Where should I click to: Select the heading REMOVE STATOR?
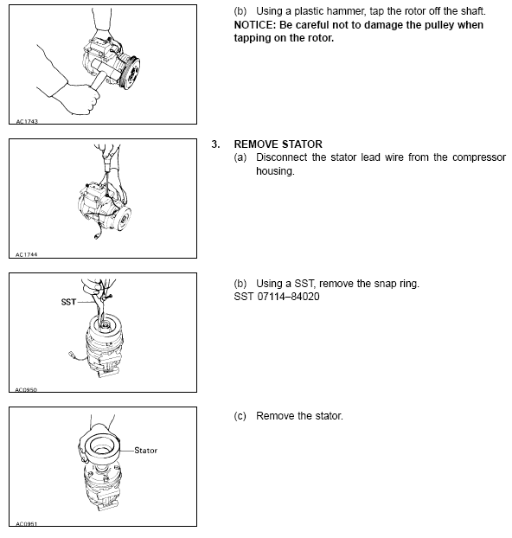point(278,144)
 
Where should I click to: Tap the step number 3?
point(215,144)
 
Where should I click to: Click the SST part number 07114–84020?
point(288,297)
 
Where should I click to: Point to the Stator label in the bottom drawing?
point(145,450)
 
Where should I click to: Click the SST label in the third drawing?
point(68,302)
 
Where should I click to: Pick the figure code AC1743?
point(27,121)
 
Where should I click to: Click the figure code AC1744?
point(27,254)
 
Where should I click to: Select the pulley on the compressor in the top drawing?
point(131,73)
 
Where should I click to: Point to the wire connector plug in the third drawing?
point(72,354)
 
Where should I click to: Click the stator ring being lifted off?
point(99,446)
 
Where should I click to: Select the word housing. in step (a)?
point(275,171)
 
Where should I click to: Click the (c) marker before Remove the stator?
point(240,416)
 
